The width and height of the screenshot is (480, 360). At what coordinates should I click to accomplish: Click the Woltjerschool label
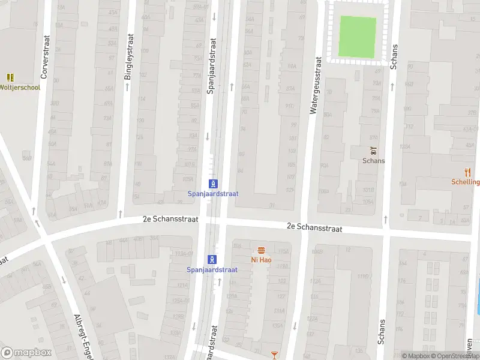pyautogui.click(x=20, y=88)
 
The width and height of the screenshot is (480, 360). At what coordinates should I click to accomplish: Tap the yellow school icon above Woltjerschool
pyautogui.click(x=10, y=77)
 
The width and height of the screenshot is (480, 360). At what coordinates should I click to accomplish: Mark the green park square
pyautogui.click(x=358, y=35)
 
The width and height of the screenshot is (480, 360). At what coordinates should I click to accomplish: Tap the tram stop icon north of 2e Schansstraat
pyautogui.click(x=212, y=183)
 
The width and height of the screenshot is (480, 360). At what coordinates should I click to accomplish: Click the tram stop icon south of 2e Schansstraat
pyautogui.click(x=212, y=259)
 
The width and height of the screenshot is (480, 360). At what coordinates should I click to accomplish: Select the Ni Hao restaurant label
pyautogui.click(x=261, y=260)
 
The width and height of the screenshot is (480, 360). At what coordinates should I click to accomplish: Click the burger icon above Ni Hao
pyautogui.click(x=261, y=250)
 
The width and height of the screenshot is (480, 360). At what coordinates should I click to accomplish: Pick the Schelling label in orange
pyautogui.click(x=466, y=182)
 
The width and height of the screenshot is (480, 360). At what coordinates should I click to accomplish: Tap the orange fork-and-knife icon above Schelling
pyautogui.click(x=468, y=172)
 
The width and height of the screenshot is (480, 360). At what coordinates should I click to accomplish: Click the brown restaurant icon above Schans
pyautogui.click(x=373, y=151)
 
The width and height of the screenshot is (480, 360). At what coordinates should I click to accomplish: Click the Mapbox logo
pyautogui.click(x=26, y=353)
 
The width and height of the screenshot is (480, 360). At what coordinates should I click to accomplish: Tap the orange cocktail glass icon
pyautogui.click(x=275, y=355)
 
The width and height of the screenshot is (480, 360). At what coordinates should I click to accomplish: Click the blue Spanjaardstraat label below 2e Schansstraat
pyautogui.click(x=212, y=269)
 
